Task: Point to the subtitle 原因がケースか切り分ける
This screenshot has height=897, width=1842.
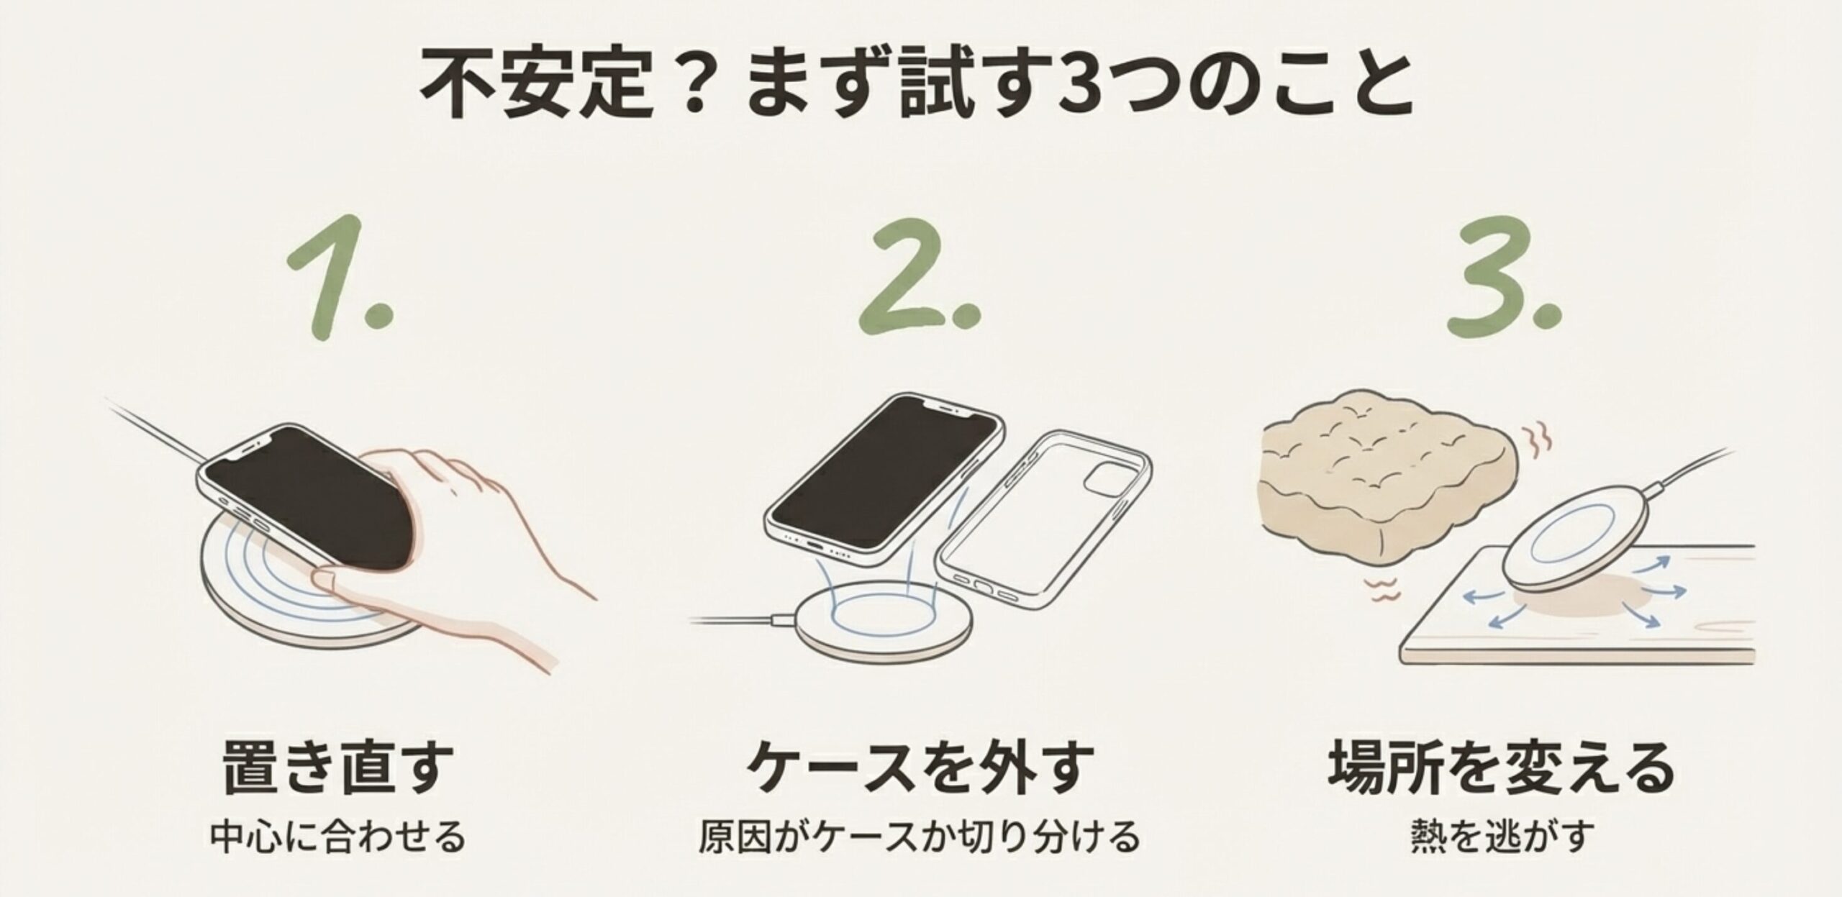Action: (920, 836)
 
